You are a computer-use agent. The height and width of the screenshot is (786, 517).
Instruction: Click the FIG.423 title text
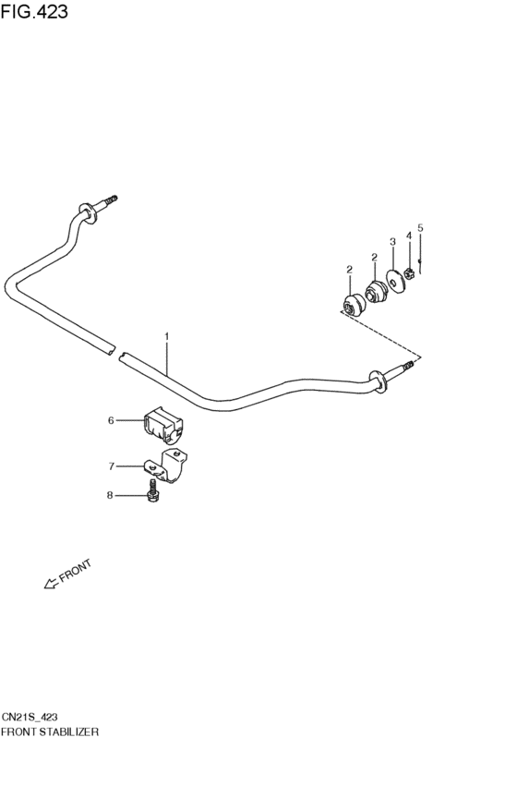coord(34,11)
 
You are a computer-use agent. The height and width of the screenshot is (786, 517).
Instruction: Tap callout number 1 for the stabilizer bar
coord(167,336)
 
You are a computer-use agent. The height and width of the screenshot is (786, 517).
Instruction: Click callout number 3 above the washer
coord(392,242)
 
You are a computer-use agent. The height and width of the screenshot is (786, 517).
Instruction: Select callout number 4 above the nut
coord(409,236)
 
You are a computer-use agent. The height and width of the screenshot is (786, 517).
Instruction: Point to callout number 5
coord(420,228)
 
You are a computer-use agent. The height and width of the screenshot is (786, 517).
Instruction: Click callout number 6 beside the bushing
coord(111,420)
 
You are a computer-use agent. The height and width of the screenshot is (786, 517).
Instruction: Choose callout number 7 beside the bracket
coord(112,466)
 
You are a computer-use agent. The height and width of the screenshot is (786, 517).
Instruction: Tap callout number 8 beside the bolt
coord(110,495)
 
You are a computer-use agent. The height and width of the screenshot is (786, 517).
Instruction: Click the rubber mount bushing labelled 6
coord(163,426)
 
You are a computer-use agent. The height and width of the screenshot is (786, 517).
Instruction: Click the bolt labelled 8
coord(152,491)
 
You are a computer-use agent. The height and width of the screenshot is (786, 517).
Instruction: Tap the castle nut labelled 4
coord(409,273)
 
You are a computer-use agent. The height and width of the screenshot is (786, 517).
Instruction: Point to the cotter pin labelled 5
coord(420,266)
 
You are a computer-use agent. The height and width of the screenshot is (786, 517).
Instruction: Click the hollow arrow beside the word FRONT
coord(51,583)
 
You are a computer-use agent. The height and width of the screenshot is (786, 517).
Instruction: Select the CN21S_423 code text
coord(29,718)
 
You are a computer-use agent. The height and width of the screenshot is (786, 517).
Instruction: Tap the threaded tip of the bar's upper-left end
coord(114,199)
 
